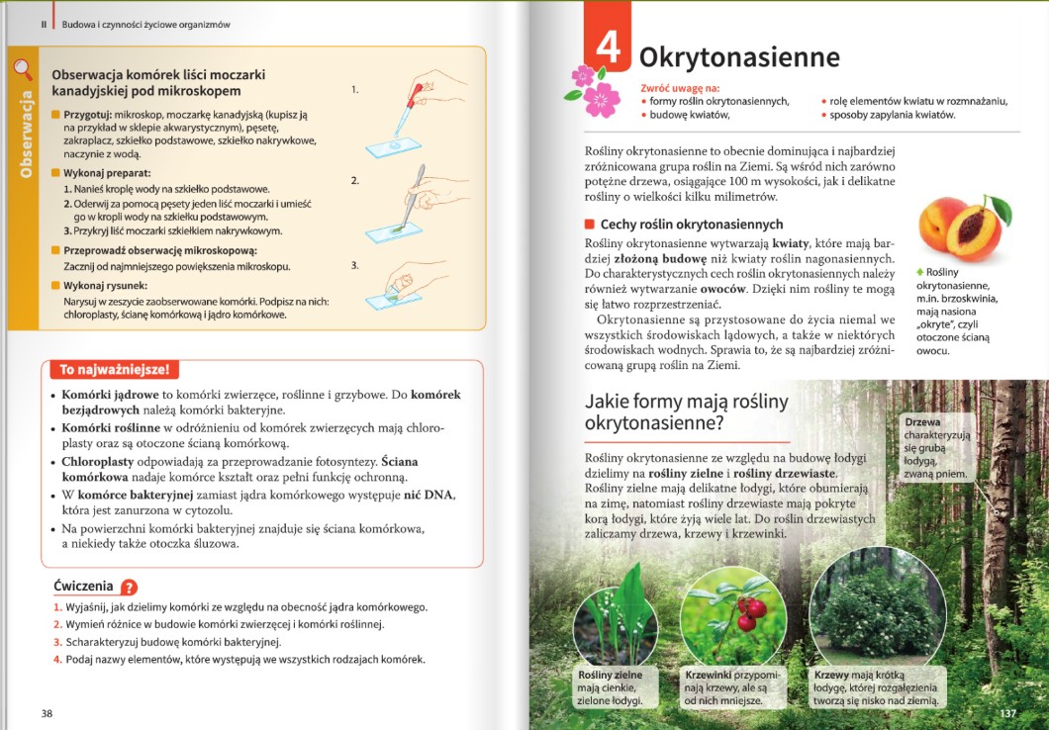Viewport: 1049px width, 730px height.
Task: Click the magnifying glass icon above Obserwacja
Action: pos(23,69)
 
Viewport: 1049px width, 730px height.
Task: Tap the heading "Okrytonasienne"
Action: pos(738,56)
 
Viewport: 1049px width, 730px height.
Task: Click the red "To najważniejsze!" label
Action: pos(115,370)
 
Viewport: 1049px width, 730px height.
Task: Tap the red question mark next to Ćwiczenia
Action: pos(129,587)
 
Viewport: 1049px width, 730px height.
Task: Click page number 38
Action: pos(48,713)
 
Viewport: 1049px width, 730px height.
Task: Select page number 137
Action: pos(1008,713)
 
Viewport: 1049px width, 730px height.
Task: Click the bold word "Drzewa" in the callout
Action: pos(922,422)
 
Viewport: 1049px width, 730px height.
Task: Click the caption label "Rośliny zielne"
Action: pos(610,676)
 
